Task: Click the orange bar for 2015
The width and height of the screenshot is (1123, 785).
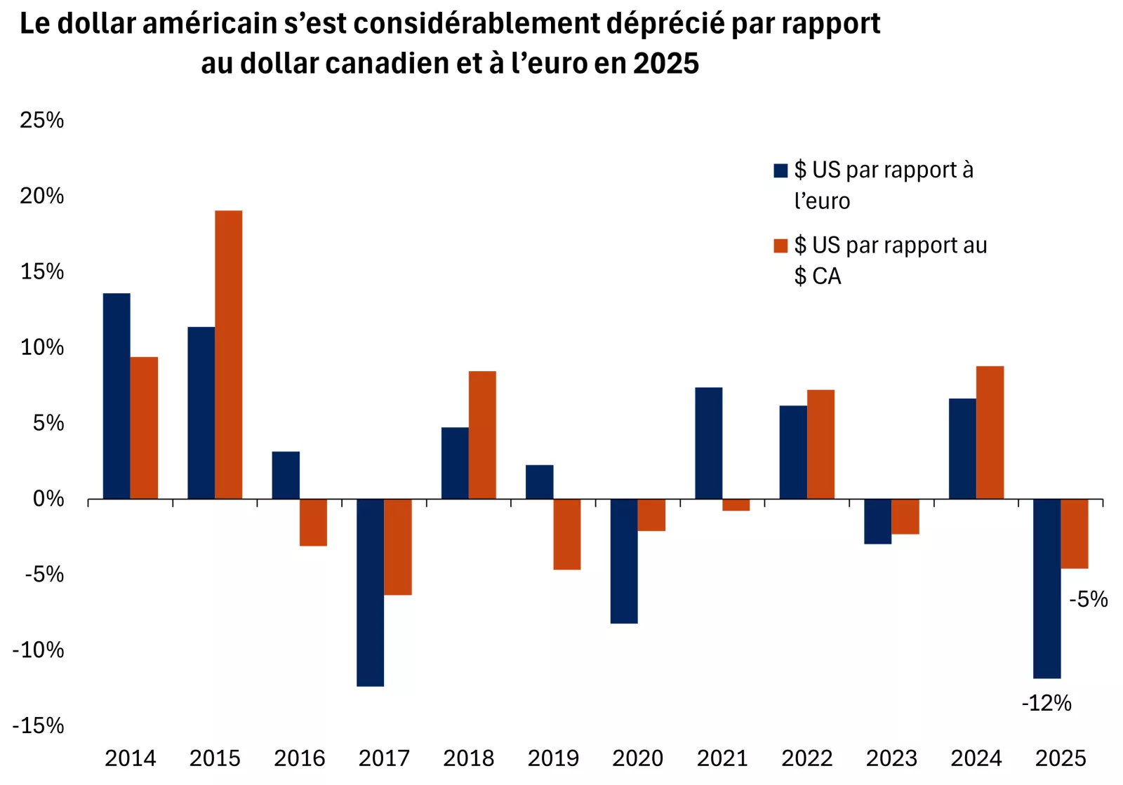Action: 228,354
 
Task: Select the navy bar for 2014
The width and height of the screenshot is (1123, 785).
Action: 117,396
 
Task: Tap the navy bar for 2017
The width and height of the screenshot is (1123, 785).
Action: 370,592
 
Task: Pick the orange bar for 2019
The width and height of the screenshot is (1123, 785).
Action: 566,534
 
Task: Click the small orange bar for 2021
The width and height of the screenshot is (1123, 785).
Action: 736,505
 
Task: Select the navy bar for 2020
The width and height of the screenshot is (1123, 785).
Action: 623,561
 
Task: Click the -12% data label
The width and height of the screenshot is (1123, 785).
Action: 1046,703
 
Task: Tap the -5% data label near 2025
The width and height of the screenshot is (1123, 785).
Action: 1088,599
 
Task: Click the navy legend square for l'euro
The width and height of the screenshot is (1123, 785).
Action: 780,170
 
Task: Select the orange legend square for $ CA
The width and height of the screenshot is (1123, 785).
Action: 780,246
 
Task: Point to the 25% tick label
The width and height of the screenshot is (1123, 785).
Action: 41,120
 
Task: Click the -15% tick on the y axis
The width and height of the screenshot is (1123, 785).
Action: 38,725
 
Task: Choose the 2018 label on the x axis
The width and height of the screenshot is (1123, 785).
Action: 468,758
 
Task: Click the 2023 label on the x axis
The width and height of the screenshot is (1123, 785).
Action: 891,758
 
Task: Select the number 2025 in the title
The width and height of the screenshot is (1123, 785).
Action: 666,64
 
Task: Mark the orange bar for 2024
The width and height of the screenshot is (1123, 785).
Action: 990,432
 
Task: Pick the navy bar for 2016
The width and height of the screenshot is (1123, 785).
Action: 286,475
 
